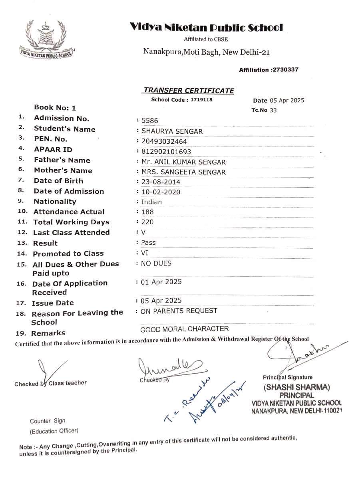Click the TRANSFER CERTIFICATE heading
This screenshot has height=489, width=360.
(x=189, y=91)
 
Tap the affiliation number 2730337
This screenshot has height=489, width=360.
(x=285, y=70)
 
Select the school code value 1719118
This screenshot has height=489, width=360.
(x=201, y=100)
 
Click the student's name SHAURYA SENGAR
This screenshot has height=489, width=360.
(x=172, y=131)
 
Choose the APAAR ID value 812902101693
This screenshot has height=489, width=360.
(x=166, y=152)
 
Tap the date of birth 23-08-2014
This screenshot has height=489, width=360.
(x=161, y=182)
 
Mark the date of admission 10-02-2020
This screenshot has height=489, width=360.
(x=161, y=192)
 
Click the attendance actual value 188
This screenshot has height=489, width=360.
(x=147, y=212)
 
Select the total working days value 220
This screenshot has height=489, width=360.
(x=147, y=222)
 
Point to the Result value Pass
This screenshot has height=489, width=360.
(x=148, y=242)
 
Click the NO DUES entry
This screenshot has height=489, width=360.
(x=156, y=263)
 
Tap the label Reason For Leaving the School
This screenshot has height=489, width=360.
(x=77, y=317)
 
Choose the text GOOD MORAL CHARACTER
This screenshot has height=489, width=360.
(x=184, y=329)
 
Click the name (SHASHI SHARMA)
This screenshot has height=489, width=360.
(x=296, y=387)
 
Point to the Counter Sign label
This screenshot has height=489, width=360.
(x=48, y=421)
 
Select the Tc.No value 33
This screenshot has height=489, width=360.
(x=273, y=110)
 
